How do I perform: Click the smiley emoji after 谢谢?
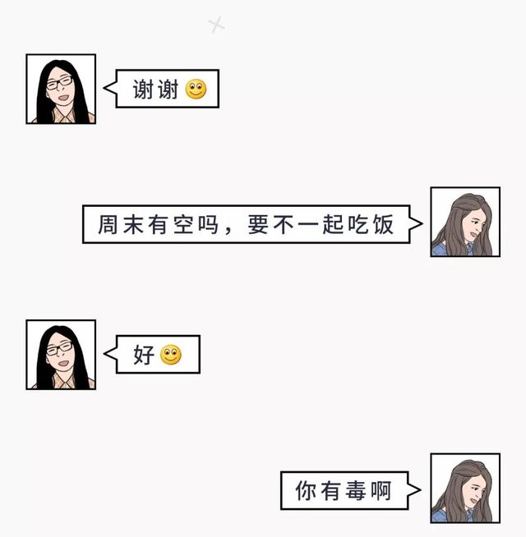point(196,89)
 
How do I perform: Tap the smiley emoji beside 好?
point(171,356)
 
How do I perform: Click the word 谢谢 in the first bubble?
point(155,89)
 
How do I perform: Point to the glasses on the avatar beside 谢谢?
point(58,83)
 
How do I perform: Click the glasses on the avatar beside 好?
point(58,348)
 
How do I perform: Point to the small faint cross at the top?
point(216,25)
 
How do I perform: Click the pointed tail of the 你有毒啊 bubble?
point(417,491)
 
